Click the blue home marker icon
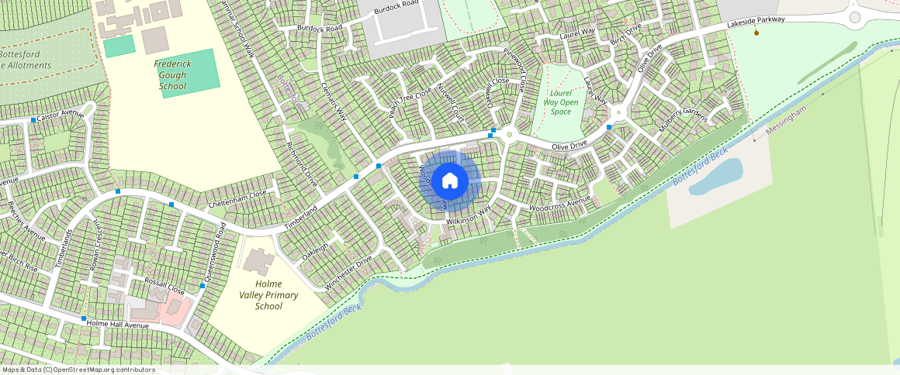[450, 181]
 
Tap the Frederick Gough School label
[172, 74]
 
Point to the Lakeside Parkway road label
[755, 23]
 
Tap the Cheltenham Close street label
[238, 198]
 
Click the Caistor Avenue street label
[60, 114]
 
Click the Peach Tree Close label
[410, 103]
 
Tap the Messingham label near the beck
[787, 121]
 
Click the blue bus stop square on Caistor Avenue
[33, 119]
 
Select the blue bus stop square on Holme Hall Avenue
[84, 318]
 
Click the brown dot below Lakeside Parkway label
[756, 33]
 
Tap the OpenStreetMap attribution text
[78, 370]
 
